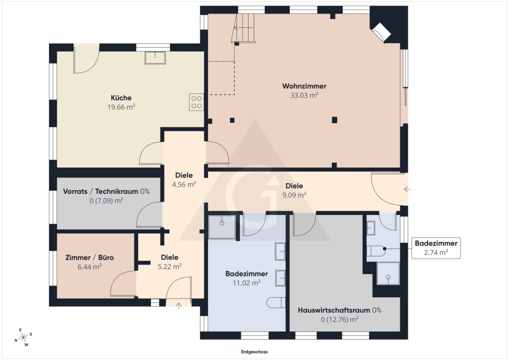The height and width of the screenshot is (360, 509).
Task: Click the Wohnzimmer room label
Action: coord(304,86)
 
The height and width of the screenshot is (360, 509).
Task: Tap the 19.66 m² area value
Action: coord(121,107)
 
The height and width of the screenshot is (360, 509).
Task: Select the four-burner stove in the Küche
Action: coord(196,102)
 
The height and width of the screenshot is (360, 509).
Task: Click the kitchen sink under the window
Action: coord(155,58)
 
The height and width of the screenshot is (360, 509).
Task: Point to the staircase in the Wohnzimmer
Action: coord(243,28)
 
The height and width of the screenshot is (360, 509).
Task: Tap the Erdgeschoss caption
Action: coord(254,352)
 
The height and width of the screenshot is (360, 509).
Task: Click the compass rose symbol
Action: coord(23,337)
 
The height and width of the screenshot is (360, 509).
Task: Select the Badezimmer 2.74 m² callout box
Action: coord(436,248)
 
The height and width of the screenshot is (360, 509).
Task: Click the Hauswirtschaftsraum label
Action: coord(334,310)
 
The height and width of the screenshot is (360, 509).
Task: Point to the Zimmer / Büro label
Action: coord(89,257)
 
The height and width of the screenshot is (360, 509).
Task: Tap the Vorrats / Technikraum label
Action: coord(101,192)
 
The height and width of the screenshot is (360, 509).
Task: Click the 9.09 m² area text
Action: coord(294,195)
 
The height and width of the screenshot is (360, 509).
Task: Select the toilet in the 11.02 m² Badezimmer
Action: coord(276,302)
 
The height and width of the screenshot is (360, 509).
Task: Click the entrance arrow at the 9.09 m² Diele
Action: coord(407,189)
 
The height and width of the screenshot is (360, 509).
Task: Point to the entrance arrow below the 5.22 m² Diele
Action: coord(179,306)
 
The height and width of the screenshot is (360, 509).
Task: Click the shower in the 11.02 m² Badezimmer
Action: coord(222,227)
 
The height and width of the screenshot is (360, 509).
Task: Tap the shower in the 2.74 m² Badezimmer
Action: coord(388,273)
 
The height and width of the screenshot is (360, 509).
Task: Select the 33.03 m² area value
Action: coord(304,95)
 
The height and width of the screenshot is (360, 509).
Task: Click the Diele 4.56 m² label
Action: coord(184,180)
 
